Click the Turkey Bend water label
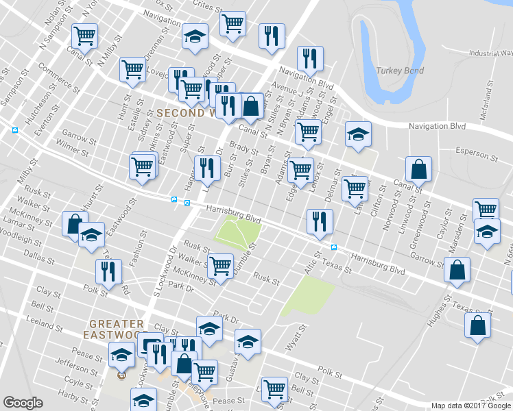coord(400,71)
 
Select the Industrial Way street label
coord(490,53)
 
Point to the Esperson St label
coord(477,150)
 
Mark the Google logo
coord(23,403)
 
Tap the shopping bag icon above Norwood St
coord(418,169)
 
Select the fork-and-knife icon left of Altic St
coord(320,221)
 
